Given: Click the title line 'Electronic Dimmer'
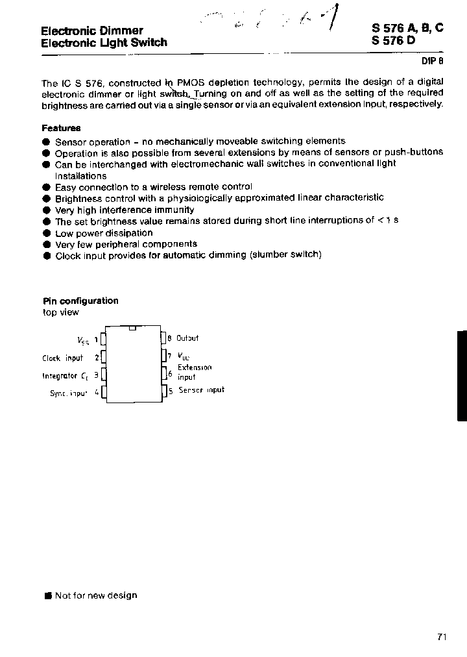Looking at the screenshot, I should click(x=92, y=31).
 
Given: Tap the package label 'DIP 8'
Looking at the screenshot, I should click(x=433, y=60).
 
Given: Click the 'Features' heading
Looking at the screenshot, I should click(x=61, y=129).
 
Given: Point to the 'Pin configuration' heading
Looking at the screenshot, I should click(x=80, y=301).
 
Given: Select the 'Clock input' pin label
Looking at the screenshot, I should click(x=62, y=358).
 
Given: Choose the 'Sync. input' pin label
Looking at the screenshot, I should click(x=68, y=393).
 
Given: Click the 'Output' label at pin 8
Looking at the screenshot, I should click(x=187, y=338).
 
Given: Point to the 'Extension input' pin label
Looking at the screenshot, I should click(x=194, y=372).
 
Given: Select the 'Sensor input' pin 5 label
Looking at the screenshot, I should click(x=200, y=390).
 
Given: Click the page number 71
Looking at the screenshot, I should click(x=442, y=637).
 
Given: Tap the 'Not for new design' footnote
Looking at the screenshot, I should click(x=96, y=595).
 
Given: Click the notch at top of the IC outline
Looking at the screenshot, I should click(x=133, y=328).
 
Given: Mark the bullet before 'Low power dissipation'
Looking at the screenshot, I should click(x=46, y=233).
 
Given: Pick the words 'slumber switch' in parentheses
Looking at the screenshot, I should click(x=285, y=255).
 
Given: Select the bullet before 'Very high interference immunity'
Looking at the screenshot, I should click(x=46, y=210).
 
